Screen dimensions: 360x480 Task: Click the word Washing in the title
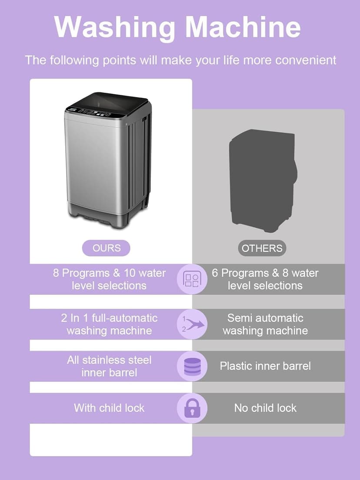pos(114,27)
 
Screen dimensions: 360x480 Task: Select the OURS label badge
pos(106,248)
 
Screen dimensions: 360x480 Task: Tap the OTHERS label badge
pos(262,248)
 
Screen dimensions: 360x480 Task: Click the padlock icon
pos(192,408)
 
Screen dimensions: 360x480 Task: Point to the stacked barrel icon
pos(192,367)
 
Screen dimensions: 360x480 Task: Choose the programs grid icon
pos(192,279)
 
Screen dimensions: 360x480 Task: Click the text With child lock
pos(109,408)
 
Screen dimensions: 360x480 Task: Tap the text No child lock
pos(265,408)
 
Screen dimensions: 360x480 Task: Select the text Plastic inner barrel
pos(265,366)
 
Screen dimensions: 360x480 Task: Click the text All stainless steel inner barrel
pos(109,366)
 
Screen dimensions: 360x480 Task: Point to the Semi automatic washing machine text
pos(265,324)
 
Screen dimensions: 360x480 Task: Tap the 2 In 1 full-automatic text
pos(109,318)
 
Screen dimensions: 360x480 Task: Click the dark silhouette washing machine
pos(263,180)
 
